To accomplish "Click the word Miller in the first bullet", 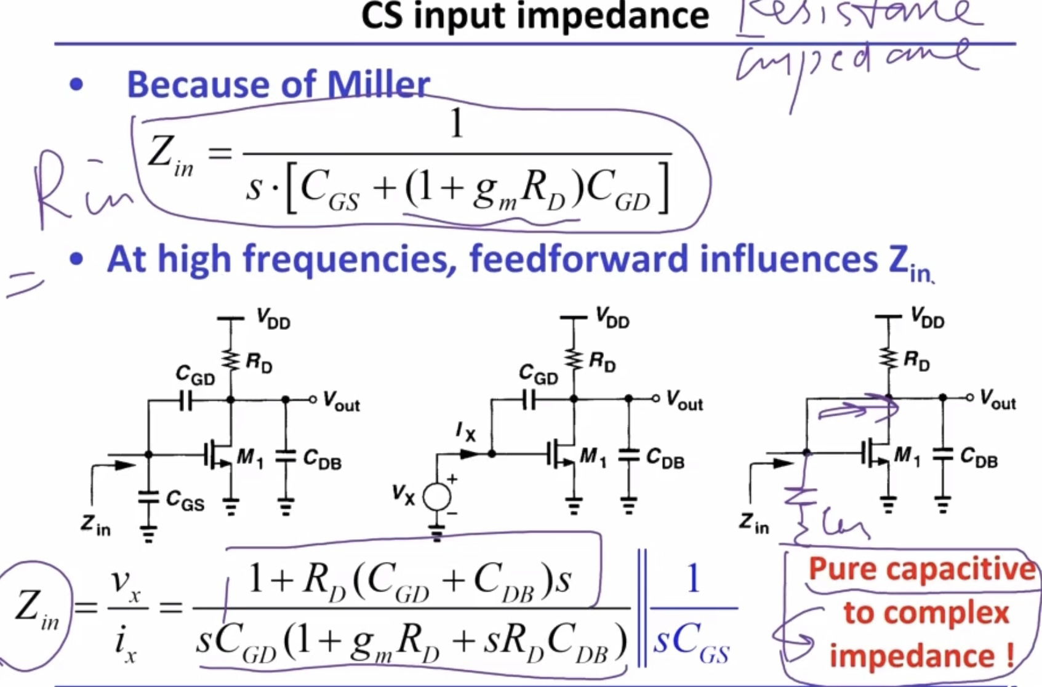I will click(x=378, y=85).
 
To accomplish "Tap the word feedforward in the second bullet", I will click(x=579, y=259).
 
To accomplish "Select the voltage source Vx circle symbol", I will click(x=437, y=496).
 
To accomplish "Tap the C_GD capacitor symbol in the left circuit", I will click(x=186, y=401).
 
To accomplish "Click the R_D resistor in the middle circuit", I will click(x=574, y=359).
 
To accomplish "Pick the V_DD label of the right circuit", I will click(x=928, y=319).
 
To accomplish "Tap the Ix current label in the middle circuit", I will click(x=466, y=432).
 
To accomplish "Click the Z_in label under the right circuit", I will click(x=755, y=523).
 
